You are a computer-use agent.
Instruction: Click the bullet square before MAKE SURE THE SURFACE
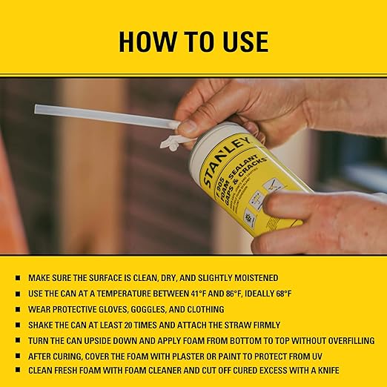point(17,278)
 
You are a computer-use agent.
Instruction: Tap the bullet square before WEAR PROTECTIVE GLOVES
point(17,308)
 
